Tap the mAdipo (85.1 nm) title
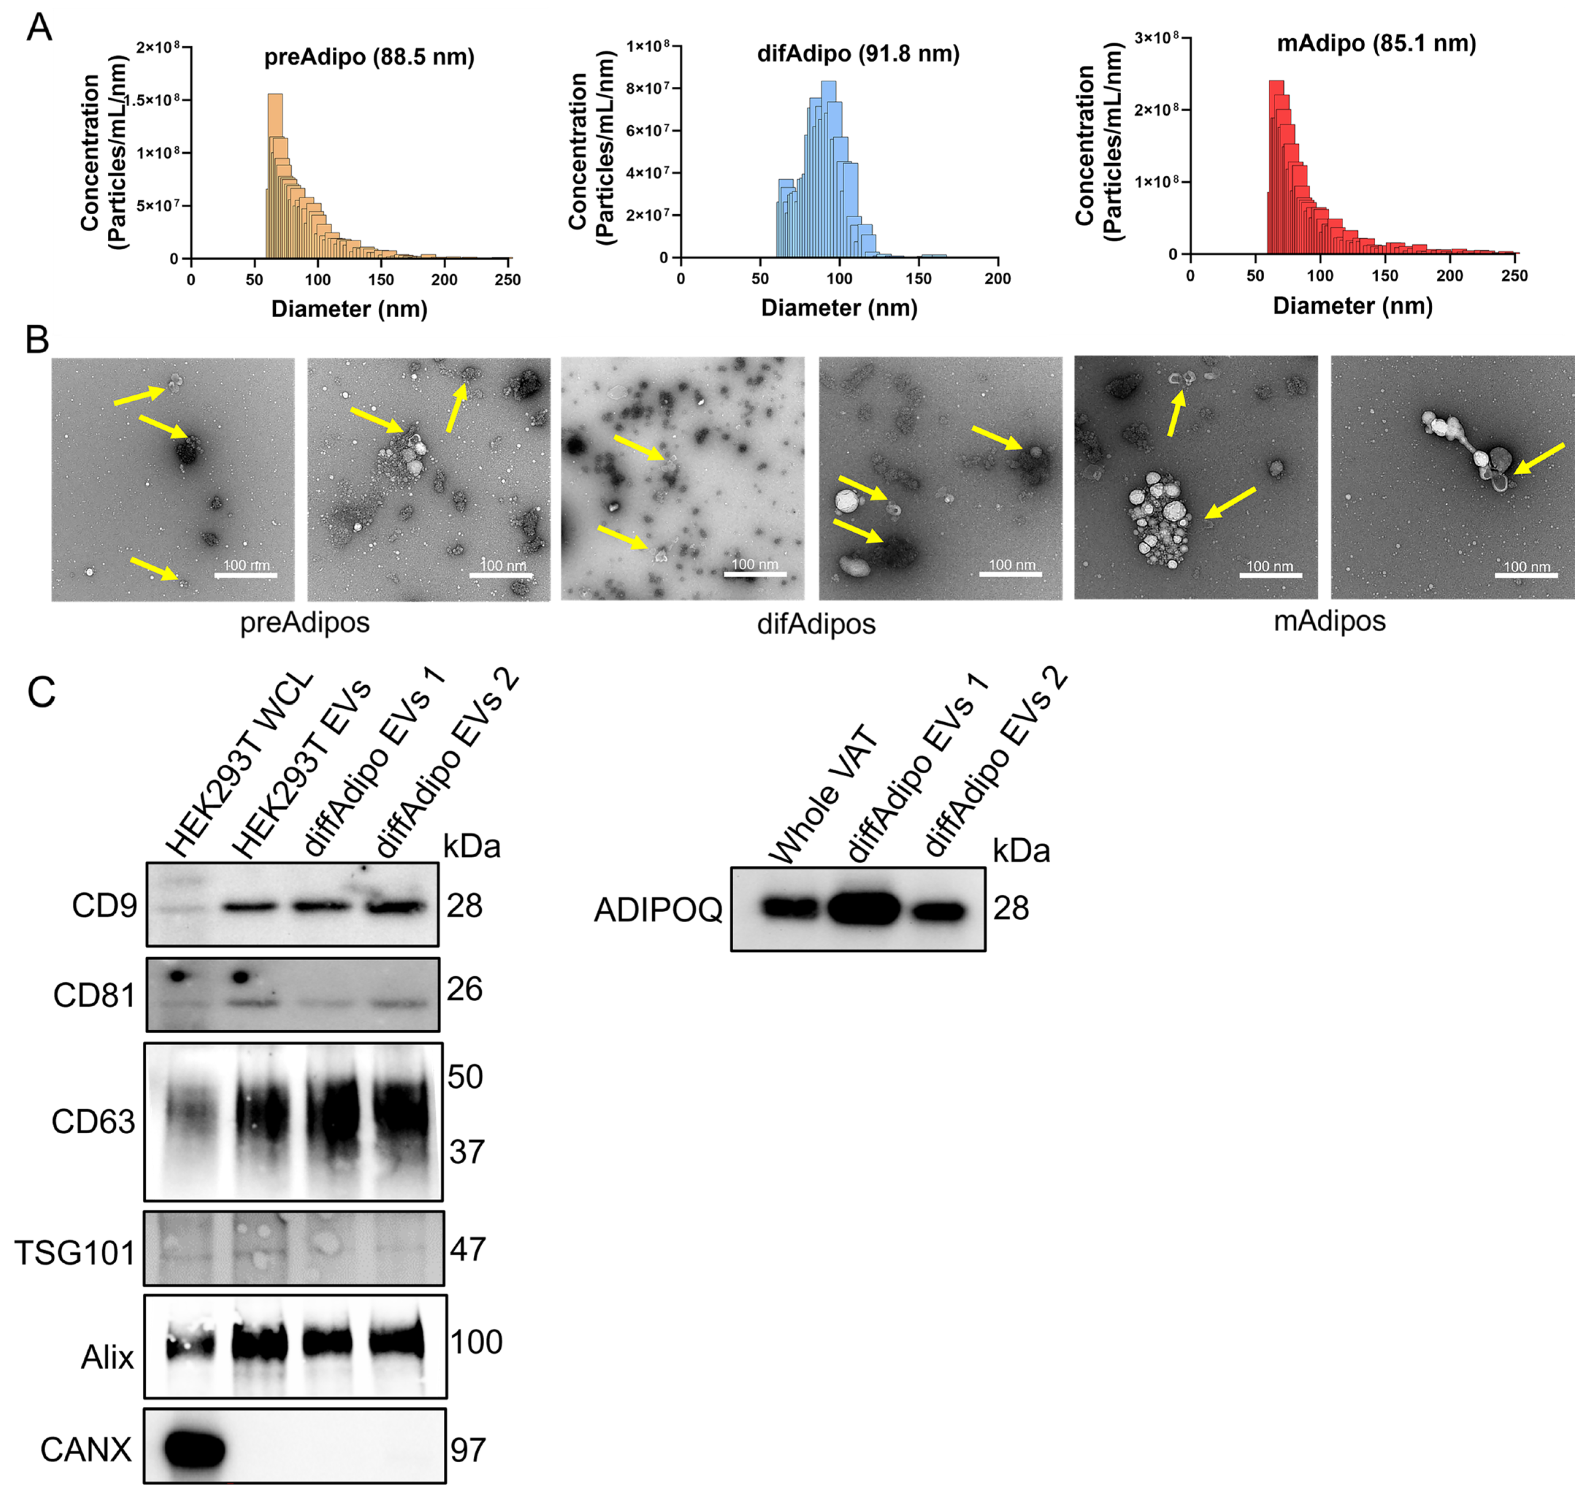click(x=1376, y=43)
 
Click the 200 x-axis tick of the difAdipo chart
click(x=997, y=279)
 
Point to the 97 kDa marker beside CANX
click(x=468, y=1450)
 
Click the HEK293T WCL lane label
click(x=240, y=768)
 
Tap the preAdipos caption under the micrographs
click(x=305, y=622)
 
